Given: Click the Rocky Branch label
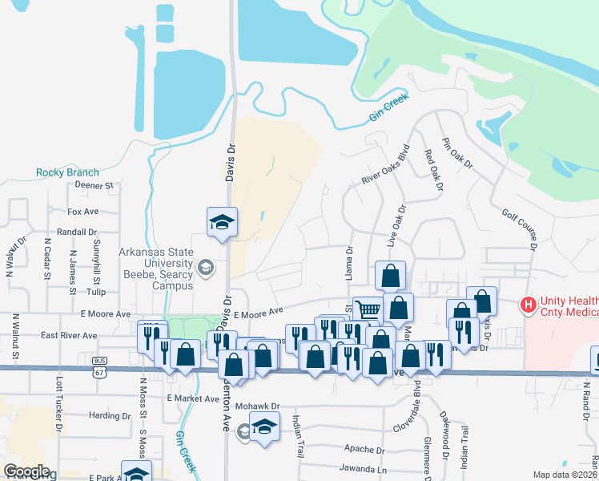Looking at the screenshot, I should [x=67, y=172].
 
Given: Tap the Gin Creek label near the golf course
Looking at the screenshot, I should [x=388, y=108].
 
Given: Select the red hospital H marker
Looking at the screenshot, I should [x=528, y=305].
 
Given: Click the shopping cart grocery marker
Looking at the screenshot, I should [x=368, y=309].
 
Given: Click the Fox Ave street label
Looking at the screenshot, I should [x=82, y=212].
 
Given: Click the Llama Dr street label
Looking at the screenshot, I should [x=349, y=264].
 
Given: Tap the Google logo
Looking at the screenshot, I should [x=26, y=471].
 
